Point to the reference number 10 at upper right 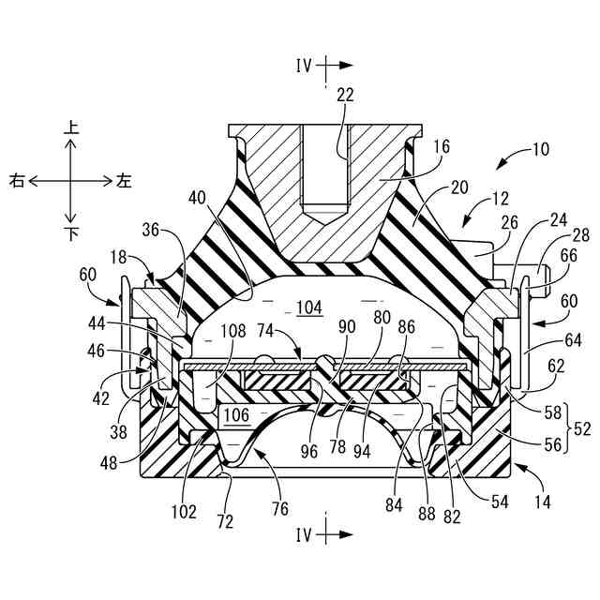541,148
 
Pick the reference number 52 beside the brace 582,427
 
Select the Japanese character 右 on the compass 17,180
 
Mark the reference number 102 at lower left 184,512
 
